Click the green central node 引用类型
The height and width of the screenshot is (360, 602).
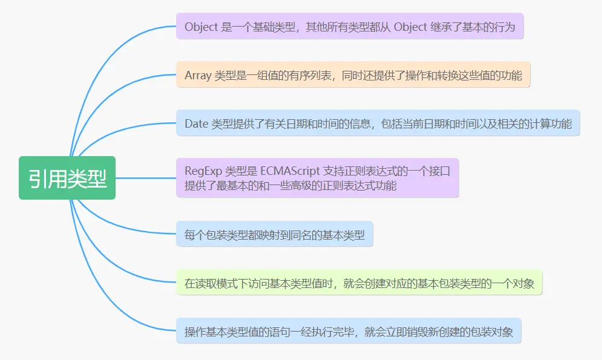[67, 178]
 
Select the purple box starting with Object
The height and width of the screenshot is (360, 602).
[350, 27]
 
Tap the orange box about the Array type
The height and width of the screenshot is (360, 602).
[353, 75]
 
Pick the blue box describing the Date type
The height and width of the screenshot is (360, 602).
[378, 123]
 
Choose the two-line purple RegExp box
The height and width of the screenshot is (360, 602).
[318, 178]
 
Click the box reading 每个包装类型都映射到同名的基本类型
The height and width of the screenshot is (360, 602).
[275, 233]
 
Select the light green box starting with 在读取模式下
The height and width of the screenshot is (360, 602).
[359, 283]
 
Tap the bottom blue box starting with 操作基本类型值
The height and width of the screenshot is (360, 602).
[348, 331]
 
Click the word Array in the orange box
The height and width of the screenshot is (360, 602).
[198, 76]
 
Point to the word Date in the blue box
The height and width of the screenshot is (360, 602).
[196, 124]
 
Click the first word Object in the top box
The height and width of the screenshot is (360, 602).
[200, 27]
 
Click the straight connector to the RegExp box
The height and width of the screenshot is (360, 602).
[145, 178]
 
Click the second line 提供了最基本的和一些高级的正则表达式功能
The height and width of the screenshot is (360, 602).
[290, 186]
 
